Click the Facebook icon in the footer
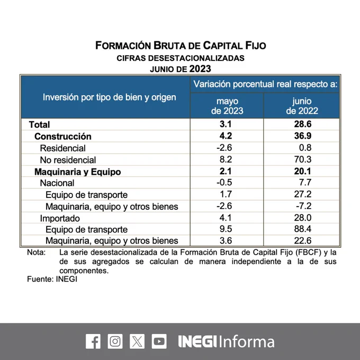93,341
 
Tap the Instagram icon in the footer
115,341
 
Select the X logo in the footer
137,341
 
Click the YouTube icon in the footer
159,341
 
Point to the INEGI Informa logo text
226,341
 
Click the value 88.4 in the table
302,229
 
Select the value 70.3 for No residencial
302,160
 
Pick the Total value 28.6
302,124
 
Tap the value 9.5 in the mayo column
227,229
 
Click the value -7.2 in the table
302,206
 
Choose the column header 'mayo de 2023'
227,106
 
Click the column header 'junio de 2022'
302,106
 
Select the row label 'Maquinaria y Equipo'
78,172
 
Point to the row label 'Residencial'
62,148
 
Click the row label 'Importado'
60,218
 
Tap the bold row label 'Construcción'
63,137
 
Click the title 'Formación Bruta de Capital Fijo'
181,46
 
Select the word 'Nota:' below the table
37,252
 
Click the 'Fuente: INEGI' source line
52,279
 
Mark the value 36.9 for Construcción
302,137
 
